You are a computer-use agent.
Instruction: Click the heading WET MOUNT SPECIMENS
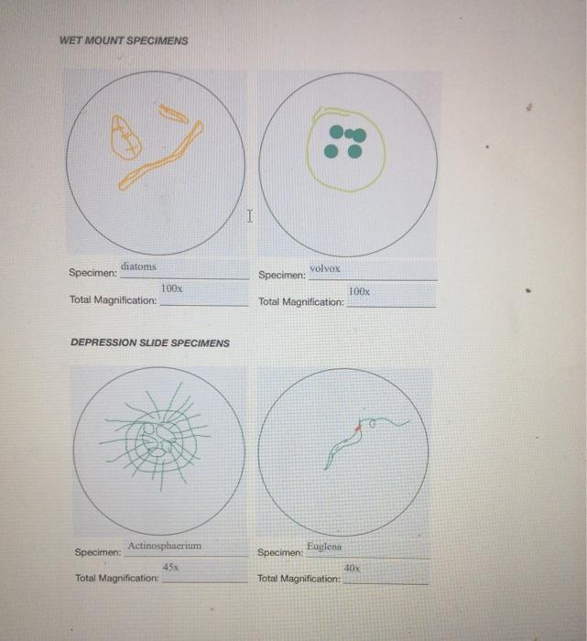coord(123,41)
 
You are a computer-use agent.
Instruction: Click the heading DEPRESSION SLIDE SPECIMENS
coord(150,342)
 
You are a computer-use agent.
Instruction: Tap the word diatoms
coord(138,266)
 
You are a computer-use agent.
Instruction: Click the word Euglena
coord(323,546)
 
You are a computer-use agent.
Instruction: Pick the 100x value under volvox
coord(360,290)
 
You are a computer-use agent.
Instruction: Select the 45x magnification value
coord(170,568)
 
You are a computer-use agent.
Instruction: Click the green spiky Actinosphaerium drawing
coord(156,439)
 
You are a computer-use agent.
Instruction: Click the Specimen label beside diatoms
coord(92,273)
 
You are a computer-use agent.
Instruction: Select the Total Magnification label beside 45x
coord(116,579)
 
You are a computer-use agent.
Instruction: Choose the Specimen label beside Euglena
coord(280,553)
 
